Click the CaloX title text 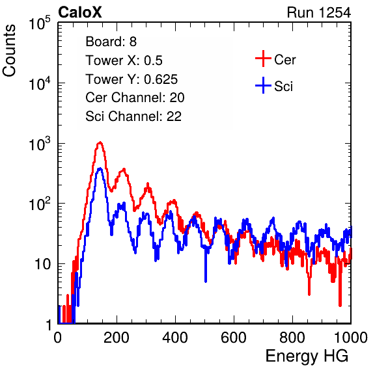click(79, 12)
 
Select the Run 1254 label click(319, 12)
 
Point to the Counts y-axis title click(9, 51)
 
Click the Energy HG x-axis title click(307, 356)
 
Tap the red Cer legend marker click(263, 59)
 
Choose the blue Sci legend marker click(263, 85)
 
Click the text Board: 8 click(111, 42)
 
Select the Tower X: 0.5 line click(124, 60)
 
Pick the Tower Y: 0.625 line click(132, 79)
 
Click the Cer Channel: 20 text click(135, 98)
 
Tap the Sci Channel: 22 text click(133, 116)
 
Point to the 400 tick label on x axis click(175, 338)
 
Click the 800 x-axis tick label click(292, 338)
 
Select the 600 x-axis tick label click(234, 338)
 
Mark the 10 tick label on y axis click(43, 264)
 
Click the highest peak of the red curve click(100, 142)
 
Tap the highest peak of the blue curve click(100, 168)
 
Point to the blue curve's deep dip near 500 click(206, 280)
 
